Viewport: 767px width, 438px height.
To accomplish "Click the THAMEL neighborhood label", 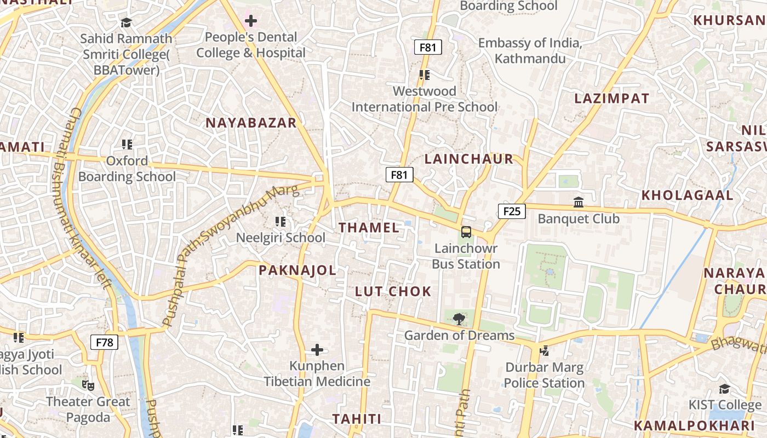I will [x=369, y=228].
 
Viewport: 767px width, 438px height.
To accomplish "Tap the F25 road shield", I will [x=512, y=211].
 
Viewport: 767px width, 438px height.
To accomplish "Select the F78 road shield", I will [x=104, y=343].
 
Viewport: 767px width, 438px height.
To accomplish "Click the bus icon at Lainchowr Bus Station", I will [x=466, y=232].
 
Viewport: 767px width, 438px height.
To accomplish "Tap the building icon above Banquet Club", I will [x=579, y=203].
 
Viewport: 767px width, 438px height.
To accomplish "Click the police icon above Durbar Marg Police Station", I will [x=544, y=351].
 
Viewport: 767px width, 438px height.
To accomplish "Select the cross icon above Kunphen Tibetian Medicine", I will [x=317, y=350].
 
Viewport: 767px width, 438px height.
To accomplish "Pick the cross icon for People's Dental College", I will [x=251, y=21].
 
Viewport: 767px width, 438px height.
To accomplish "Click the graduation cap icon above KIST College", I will [x=724, y=389].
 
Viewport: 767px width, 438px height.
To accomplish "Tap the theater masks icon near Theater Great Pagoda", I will [x=88, y=385].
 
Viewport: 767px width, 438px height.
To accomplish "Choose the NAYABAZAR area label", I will [x=251, y=123].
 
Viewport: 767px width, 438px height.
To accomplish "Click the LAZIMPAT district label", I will [x=611, y=99].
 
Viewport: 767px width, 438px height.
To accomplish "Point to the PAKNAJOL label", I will [x=297, y=270].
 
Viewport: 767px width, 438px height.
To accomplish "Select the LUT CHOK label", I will [x=393, y=291].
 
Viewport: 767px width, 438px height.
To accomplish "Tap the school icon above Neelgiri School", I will [x=281, y=222].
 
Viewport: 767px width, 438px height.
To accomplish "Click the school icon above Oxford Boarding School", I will [x=127, y=145].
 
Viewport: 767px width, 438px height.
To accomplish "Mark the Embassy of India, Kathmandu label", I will [x=530, y=50].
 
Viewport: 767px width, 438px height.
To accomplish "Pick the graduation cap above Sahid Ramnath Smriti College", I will [x=127, y=22].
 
